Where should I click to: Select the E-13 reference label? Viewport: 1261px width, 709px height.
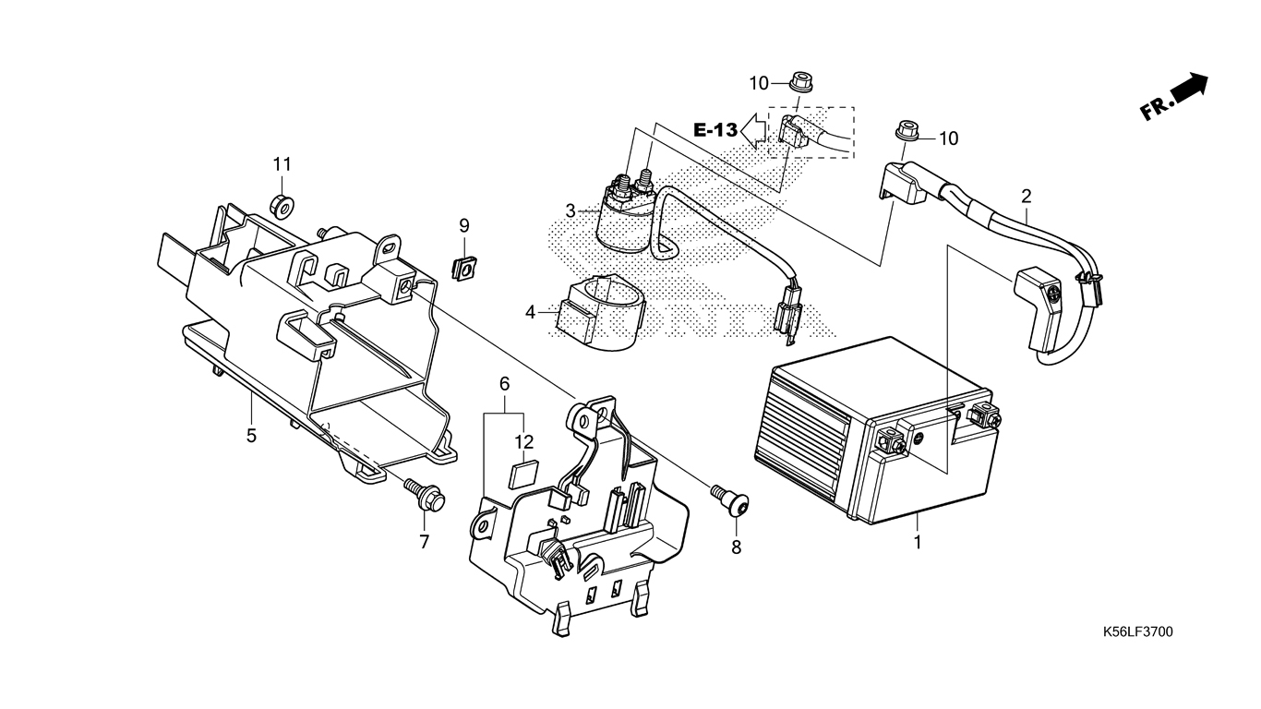(715, 131)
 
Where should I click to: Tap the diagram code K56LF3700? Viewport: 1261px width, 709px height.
(1137, 631)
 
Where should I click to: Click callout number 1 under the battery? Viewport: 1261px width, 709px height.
(918, 542)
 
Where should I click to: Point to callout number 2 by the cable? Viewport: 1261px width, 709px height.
(1027, 197)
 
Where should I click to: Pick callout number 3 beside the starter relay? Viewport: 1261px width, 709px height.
(570, 211)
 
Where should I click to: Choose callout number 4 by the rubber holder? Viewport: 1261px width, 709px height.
(530, 312)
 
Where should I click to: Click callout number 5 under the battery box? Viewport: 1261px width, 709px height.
(251, 436)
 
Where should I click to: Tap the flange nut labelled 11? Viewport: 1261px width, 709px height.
(281, 206)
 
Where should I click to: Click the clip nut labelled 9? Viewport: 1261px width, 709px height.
(464, 268)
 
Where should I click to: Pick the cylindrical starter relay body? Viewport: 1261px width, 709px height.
(626, 222)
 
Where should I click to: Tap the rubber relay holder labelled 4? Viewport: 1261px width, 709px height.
(597, 313)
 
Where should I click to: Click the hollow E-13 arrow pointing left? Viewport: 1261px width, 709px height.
(753, 129)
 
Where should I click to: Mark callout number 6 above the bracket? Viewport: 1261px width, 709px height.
(504, 385)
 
